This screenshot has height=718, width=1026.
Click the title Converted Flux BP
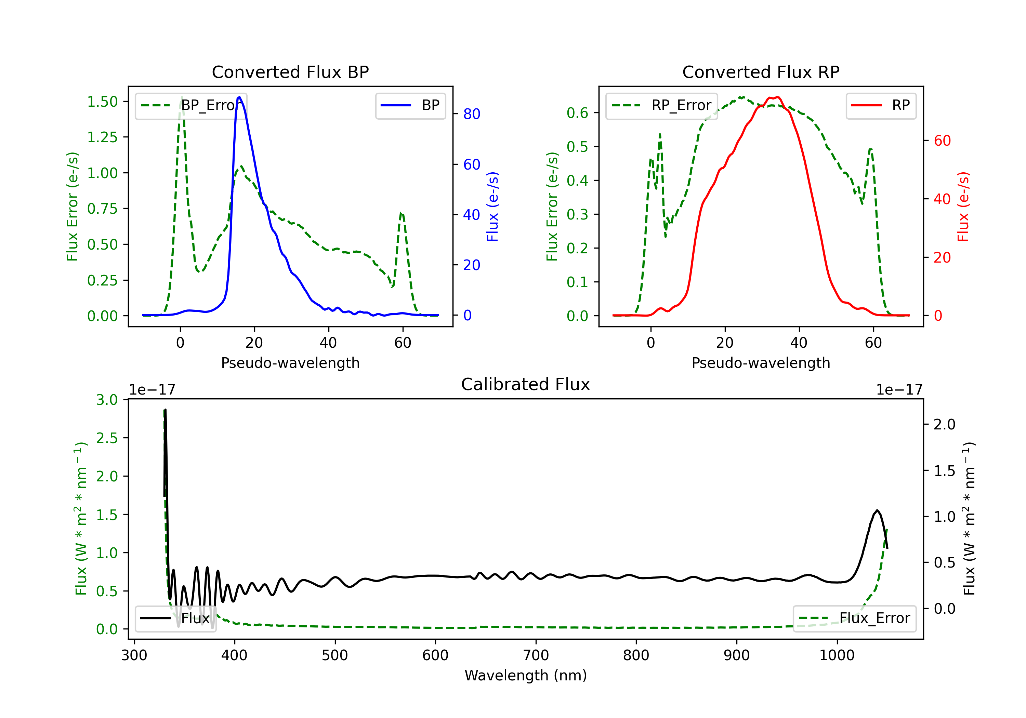290,72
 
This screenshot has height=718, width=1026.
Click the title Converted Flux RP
761,72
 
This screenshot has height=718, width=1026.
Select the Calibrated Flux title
526,384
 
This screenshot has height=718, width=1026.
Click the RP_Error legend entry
661,105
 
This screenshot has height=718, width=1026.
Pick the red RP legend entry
881,105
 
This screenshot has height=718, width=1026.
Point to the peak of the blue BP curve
239,97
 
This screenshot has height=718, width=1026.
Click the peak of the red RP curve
778,97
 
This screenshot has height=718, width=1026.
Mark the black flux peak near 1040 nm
877,510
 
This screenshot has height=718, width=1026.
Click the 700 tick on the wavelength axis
536,655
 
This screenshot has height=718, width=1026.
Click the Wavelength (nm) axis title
526,676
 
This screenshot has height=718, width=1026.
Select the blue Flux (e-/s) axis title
492,207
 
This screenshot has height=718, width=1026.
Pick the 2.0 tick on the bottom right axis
945,424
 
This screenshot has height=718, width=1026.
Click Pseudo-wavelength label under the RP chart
761,363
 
